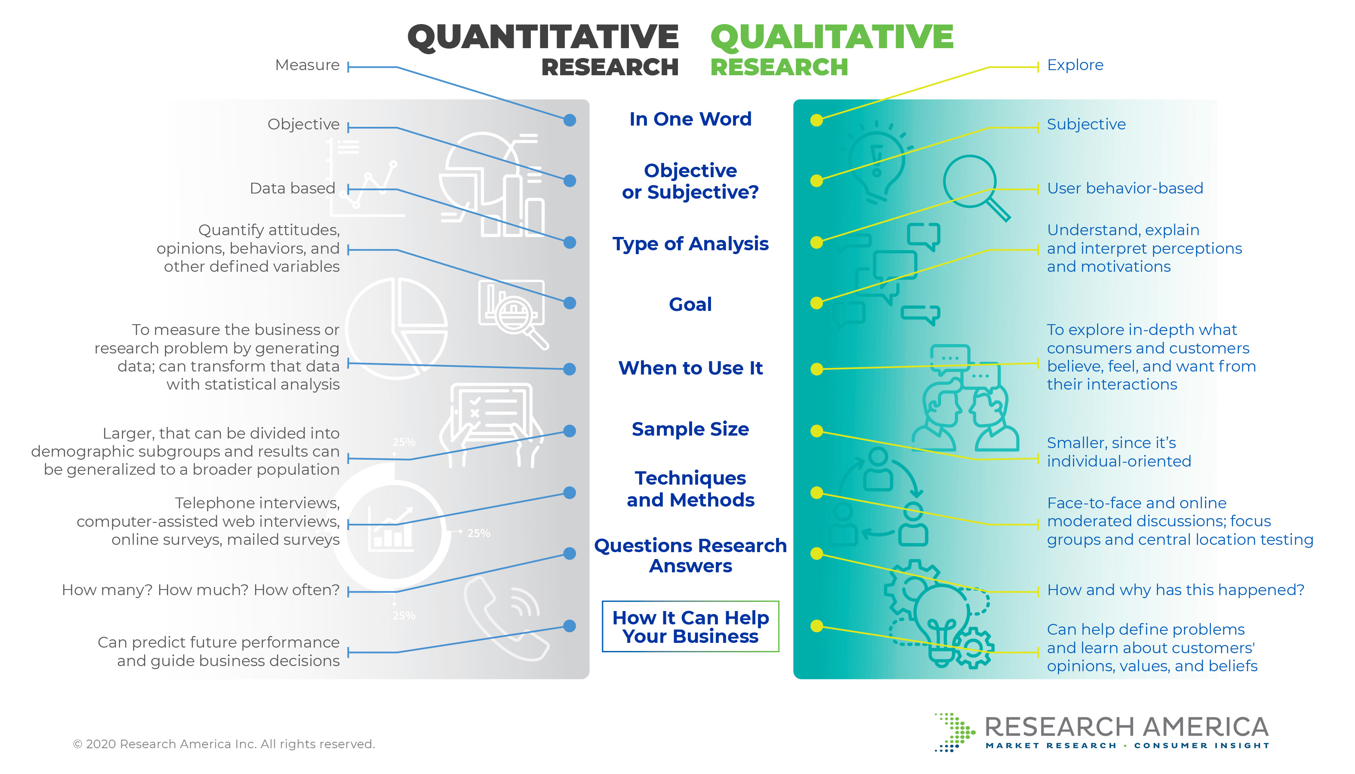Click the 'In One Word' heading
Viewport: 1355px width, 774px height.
[x=690, y=119]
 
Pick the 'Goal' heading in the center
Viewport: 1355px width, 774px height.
[x=690, y=304]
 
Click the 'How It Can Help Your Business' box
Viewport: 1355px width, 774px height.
[x=690, y=627]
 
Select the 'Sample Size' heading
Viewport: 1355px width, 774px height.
[x=690, y=429]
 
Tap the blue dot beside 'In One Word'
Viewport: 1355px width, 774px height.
[x=570, y=120]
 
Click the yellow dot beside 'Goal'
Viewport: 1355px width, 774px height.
[x=816, y=303]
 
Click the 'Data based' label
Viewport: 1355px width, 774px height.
[x=293, y=188]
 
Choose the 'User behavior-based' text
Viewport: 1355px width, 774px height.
[x=1125, y=188]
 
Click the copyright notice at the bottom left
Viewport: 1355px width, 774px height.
[x=224, y=744]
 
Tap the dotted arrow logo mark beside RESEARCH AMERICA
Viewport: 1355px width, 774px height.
[x=954, y=733]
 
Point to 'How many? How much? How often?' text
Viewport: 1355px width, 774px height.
[x=200, y=590]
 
